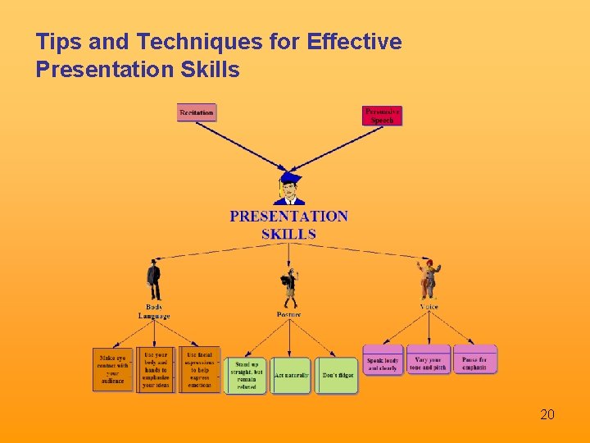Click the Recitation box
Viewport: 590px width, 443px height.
tap(197, 112)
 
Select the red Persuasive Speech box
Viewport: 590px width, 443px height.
tap(382, 116)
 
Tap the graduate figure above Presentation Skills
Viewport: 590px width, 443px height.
tap(289, 189)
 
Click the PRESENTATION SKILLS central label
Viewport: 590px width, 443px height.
tap(288, 225)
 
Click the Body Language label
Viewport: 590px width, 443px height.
tap(154, 312)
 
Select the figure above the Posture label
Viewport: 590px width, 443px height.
tap(288, 287)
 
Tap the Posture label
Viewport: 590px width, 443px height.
tap(288, 314)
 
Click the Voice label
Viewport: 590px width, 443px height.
tap(429, 307)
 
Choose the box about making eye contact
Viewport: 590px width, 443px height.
tap(112, 369)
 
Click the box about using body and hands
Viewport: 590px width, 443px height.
tap(156, 369)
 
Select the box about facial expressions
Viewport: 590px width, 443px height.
tap(200, 369)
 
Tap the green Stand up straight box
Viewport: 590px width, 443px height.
tap(246, 375)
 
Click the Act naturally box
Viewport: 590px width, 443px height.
tap(291, 375)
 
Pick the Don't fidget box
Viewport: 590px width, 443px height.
tap(336, 375)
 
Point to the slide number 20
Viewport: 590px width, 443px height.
tap(547, 414)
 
